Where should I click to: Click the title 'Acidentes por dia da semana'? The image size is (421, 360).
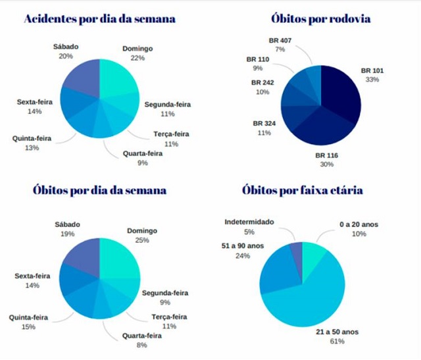tap(100, 18)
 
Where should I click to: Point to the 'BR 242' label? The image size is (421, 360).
tap(262, 83)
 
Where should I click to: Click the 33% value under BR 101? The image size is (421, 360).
tap(372, 80)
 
